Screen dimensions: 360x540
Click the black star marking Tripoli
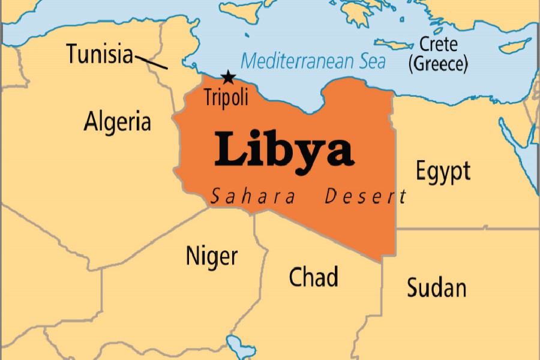click(228, 77)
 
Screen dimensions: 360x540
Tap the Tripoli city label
click(226, 97)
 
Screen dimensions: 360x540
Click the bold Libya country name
click(283, 149)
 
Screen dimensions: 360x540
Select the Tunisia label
click(100, 54)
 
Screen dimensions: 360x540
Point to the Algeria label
click(118, 122)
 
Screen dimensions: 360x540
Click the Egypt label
click(443, 172)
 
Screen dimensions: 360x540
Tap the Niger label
click(211, 256)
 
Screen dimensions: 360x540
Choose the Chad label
click(313, 277)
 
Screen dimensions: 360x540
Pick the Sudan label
click(436, 287)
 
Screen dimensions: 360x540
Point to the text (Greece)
click(437, 63)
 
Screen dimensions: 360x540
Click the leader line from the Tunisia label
click(151, 61)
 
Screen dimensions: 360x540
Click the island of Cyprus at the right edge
click(514, 46)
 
